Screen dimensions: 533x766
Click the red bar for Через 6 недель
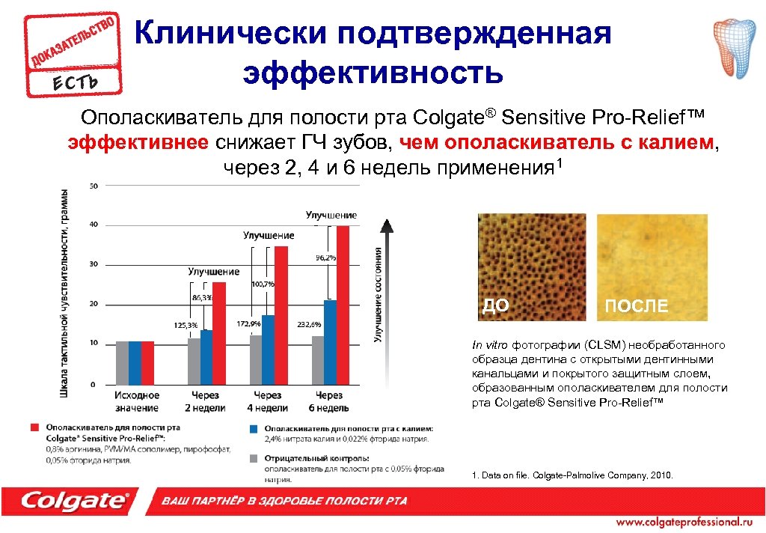343,305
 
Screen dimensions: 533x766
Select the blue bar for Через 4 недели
269,349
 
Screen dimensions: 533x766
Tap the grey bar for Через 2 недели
194,361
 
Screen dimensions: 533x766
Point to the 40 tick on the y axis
94,225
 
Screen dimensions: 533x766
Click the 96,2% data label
325,258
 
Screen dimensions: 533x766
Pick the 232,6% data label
309,325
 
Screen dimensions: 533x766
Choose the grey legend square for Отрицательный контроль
255,457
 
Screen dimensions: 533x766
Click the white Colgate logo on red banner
75,500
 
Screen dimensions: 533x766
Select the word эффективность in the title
373,73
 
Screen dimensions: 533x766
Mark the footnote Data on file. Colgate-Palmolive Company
573,475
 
